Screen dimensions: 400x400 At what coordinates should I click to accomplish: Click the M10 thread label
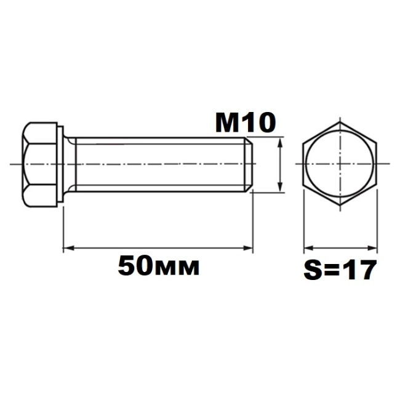(246, 123)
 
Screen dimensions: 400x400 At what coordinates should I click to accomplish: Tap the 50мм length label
(158, 266)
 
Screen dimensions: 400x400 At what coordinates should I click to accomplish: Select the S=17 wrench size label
(340, 270)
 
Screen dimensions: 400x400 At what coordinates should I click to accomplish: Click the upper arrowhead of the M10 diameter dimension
(281, 142)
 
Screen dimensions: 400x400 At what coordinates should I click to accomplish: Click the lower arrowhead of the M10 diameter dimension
(281, 186)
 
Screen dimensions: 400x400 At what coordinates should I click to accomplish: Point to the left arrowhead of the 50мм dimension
(68, 248)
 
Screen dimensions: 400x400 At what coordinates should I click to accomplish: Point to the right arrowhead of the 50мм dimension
(248, 248)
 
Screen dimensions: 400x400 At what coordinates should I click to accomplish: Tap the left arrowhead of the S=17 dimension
(309, 248)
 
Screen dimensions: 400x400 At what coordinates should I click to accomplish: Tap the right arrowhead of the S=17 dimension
(372, 248)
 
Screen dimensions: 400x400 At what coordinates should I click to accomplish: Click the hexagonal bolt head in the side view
(39, 164)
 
